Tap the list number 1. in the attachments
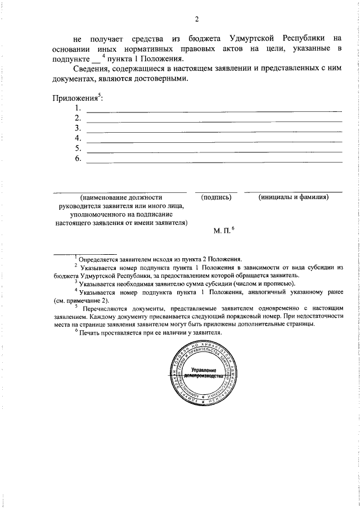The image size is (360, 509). tap(78, 108)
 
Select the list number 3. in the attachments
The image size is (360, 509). tap(78, 128)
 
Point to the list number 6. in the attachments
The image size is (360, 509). tap(78, 159)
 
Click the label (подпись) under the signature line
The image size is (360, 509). tap(217, 197)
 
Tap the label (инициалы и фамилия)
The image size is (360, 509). tap(293, 197)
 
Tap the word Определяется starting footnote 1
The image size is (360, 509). tap(101, 259)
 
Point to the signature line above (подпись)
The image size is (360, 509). tap(216, 192)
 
